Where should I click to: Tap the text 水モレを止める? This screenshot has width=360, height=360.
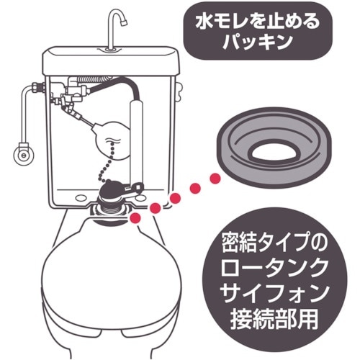[247, 21]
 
